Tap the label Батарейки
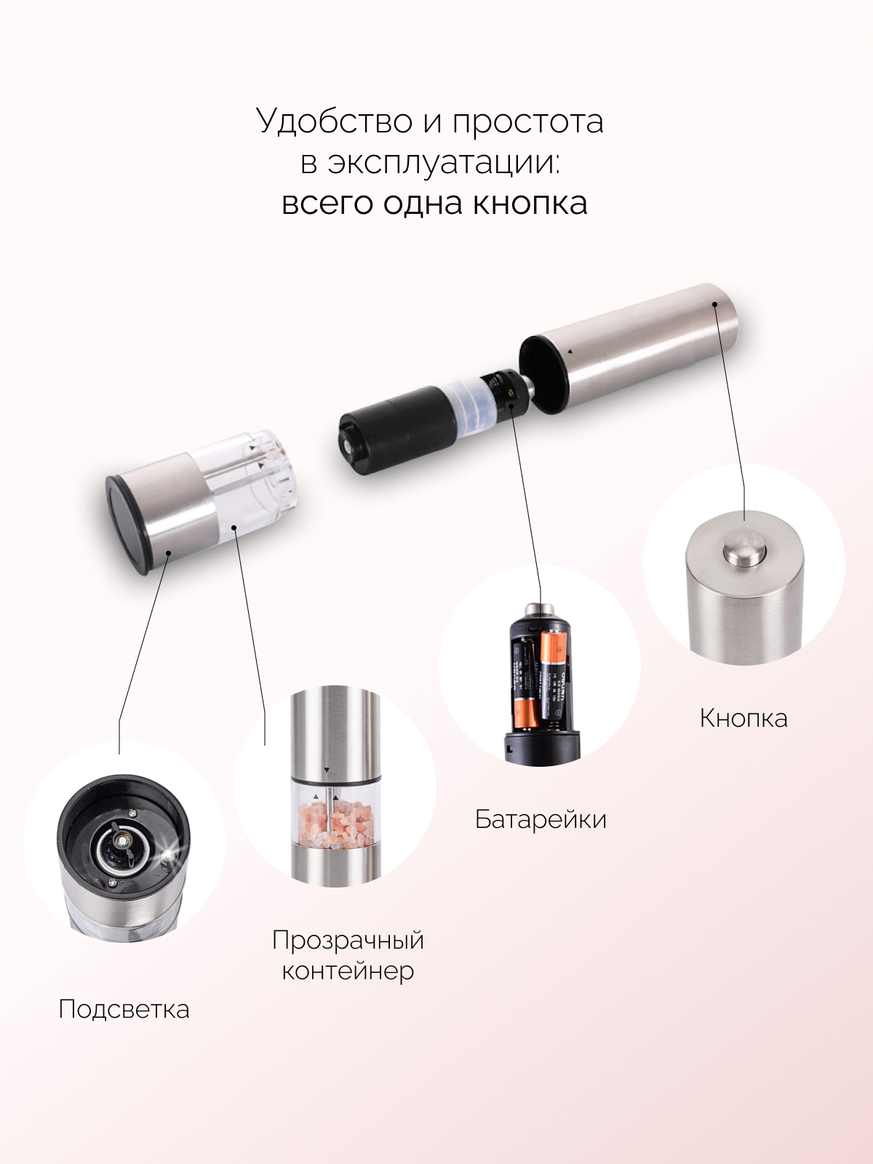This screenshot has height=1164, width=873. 540,819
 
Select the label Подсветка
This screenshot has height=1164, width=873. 124,1008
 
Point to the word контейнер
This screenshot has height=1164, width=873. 348,971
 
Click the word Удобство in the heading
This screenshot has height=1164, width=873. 335,121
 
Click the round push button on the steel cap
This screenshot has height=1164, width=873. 744,549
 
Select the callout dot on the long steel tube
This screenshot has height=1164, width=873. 714,304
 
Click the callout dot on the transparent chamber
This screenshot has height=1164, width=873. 234,527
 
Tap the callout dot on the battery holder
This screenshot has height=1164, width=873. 511,405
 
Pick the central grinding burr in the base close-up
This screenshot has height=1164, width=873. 119,846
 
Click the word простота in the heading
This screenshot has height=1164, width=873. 527,122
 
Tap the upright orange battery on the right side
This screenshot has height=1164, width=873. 553,678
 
